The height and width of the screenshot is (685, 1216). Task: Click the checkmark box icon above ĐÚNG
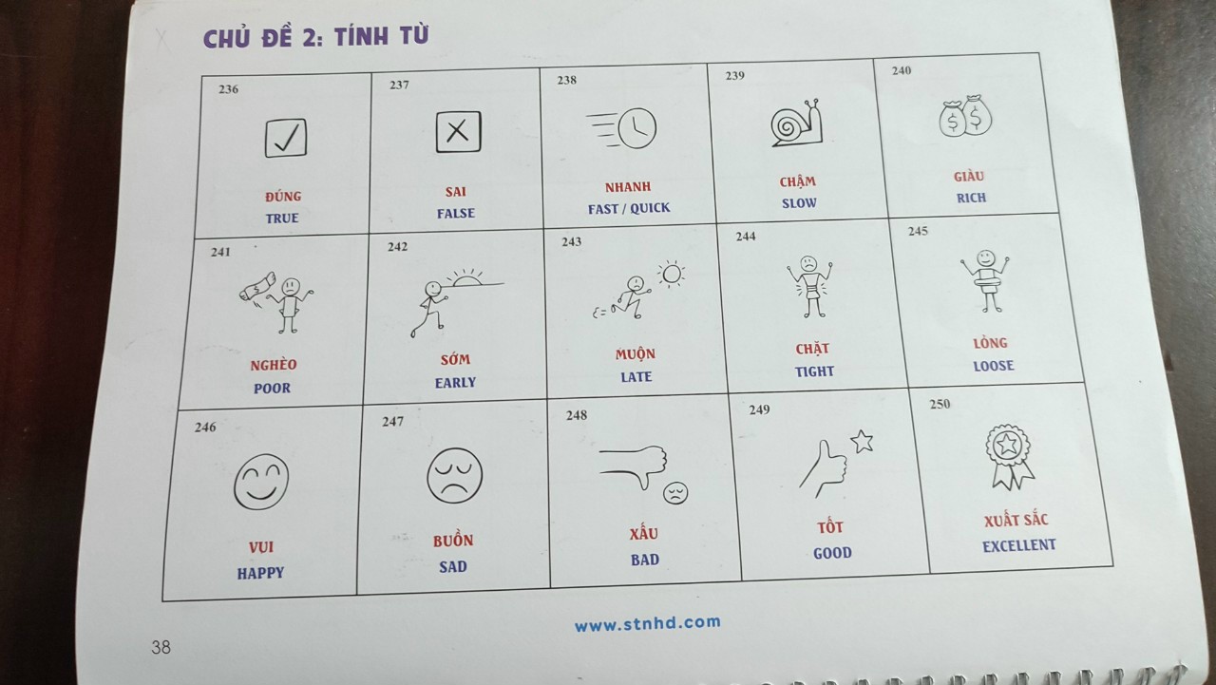tap(286, 138)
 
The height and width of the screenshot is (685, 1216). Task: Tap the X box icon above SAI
tap(458, 132)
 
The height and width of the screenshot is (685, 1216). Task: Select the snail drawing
tap(796, 124)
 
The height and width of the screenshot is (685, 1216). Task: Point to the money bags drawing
tap(966, 116)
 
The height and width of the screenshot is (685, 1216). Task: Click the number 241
tap(220, 252)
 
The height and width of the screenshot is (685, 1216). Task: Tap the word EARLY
tap(455, 383)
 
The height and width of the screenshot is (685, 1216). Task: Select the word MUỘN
tap(636, 353)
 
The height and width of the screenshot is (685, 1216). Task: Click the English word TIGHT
tap(814, 371)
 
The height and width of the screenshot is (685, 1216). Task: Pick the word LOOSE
tap(994, 366)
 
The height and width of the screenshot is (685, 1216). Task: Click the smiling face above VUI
tap(261, 482)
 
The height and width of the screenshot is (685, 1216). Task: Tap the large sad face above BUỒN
tap(454, 475)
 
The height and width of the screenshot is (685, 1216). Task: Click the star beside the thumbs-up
tap(862, 441)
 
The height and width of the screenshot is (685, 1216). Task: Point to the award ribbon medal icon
tap(1009, 457)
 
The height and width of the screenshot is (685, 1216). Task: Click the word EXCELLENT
tap(1019, 545)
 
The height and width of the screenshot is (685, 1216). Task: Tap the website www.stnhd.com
tap(648, 623)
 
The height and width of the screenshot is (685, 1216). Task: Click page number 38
tap(161, 647)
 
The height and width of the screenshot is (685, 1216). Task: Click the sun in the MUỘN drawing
tap(672, 275)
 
